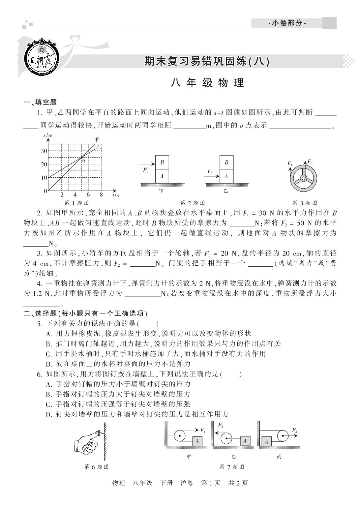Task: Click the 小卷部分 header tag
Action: [x=287, y=23]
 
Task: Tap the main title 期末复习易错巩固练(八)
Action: [x=207, y=61]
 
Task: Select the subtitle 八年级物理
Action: [x=207, y=83]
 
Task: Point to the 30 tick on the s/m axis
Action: [x=44, y=151]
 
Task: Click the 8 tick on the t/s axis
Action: [x=101, y=195]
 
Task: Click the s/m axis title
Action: [x=48, y=135]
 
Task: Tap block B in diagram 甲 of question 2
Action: [x=162, y=163]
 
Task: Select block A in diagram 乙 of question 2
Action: [x=226, y=176]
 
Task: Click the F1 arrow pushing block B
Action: [x=147, y=164]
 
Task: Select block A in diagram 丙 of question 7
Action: [x=266, y=442]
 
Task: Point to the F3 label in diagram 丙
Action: [x=294, y=430]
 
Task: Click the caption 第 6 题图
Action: [x=96, y=467]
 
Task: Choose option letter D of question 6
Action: [x=49, y=414]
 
